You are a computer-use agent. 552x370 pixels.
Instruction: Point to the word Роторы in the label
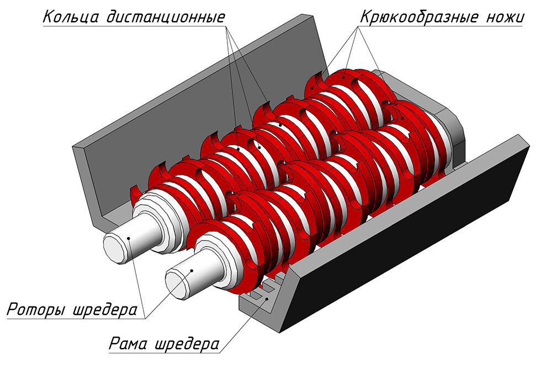36,309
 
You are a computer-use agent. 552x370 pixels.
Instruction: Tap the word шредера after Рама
187,344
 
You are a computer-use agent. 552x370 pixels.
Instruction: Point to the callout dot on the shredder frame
268,299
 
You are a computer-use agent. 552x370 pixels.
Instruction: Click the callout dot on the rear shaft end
129,239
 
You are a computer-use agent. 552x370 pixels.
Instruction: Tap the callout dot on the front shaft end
192,270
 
